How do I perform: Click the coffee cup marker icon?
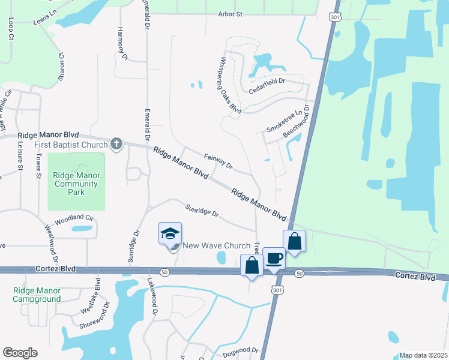coord(274,258)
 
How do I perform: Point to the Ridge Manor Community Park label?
coord(76,184)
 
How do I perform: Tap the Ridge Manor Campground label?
coord(37,294)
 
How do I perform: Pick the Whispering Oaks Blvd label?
coord(231,85)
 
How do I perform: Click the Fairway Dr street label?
coord(217,160)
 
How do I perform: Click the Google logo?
coord(20,353)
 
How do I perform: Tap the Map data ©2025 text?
coord(423,355)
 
